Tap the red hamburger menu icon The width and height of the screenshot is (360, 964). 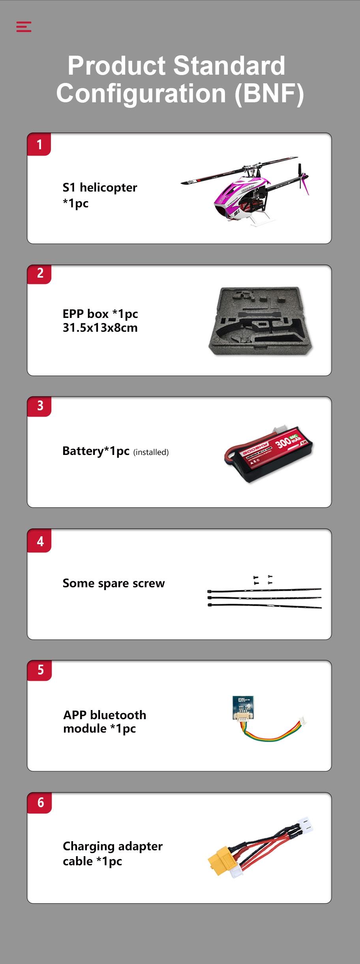pos(24,26)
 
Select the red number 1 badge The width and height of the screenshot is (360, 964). pos(39,144)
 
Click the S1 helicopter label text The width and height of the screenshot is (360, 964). pos(100,195)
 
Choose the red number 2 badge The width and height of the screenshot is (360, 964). pos(39,274)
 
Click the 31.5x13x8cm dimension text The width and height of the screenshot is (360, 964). pos(100,328)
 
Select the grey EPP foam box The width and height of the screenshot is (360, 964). pos(261,320)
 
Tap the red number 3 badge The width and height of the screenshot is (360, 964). pos(39,406)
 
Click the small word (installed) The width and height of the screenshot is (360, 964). pos(151,452)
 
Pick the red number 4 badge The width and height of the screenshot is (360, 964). pos(39,541)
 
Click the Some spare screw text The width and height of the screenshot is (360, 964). pos(114,583)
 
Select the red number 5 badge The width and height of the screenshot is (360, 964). pos(39,670)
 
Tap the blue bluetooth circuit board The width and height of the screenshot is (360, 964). pos(243,707)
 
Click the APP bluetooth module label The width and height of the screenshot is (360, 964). pos(105,722)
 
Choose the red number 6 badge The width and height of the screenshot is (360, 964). pos(39,802)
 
